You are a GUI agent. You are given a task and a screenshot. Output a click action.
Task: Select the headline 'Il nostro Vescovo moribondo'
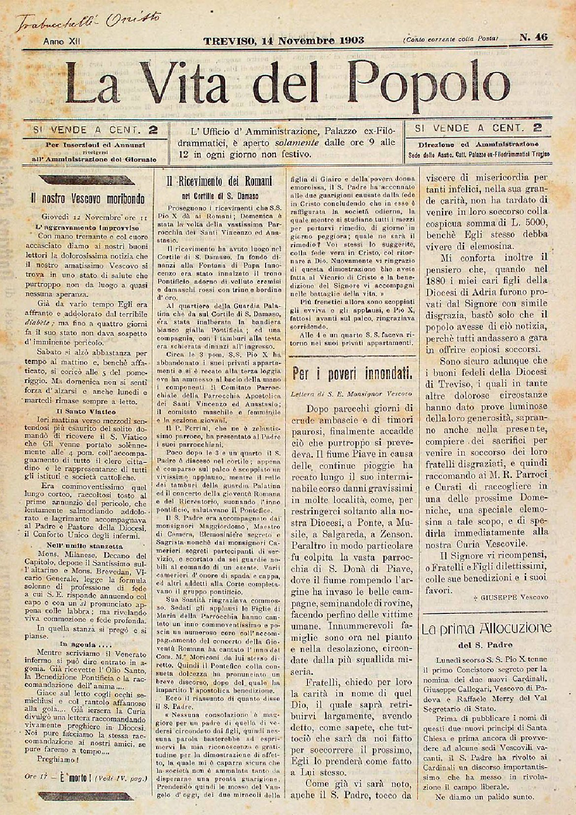click(x=87, y=199)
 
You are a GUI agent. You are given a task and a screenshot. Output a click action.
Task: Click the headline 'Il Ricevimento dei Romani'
click(x=220, y=182)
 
